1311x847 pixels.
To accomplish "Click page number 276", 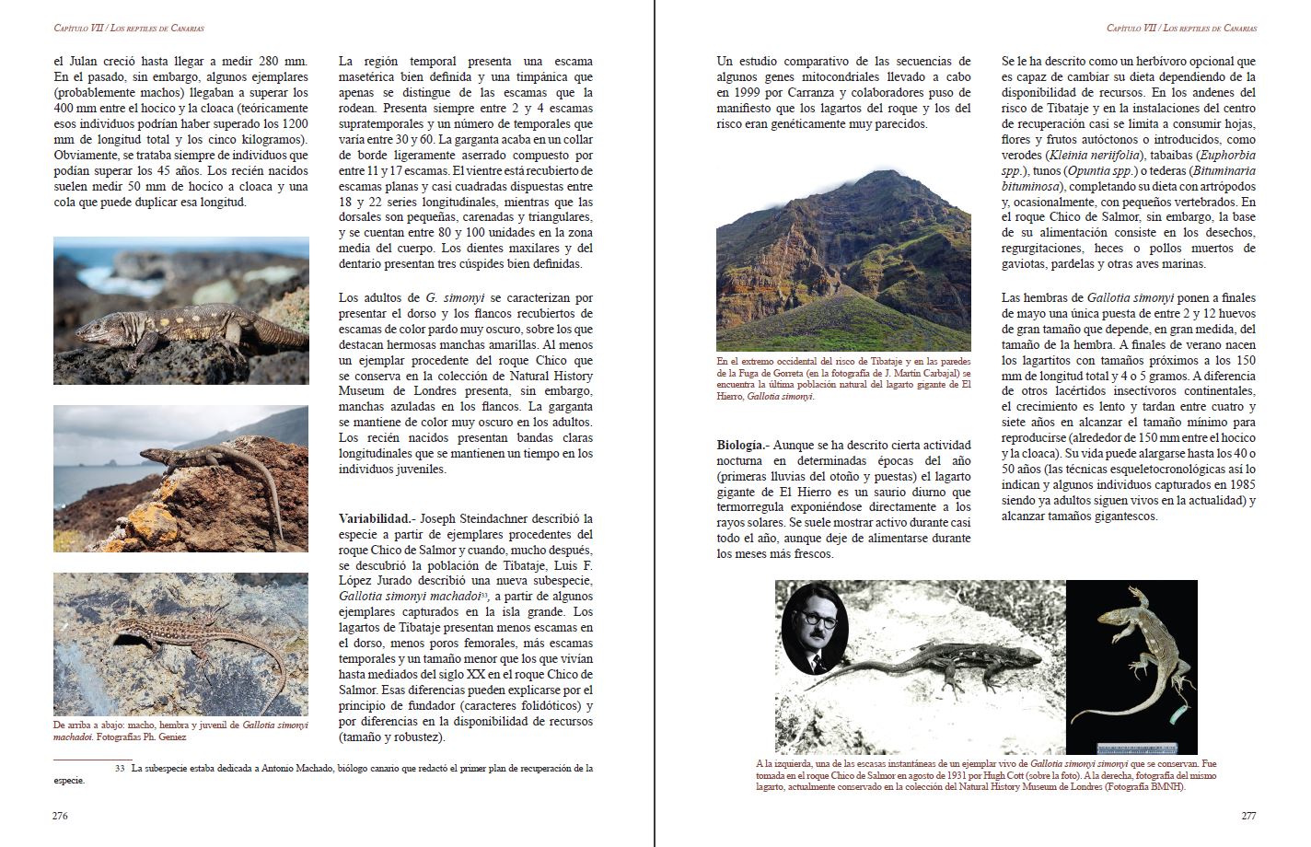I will tap(61, 816).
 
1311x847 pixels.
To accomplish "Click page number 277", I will tap(1248, 816).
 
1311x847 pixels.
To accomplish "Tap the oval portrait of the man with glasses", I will tap(815, 629).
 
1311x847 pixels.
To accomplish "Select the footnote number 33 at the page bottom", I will tap(120, 768).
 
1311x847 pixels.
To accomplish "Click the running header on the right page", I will tap(1181, 29).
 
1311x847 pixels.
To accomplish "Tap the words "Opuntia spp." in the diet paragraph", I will tap(1102, 170).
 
